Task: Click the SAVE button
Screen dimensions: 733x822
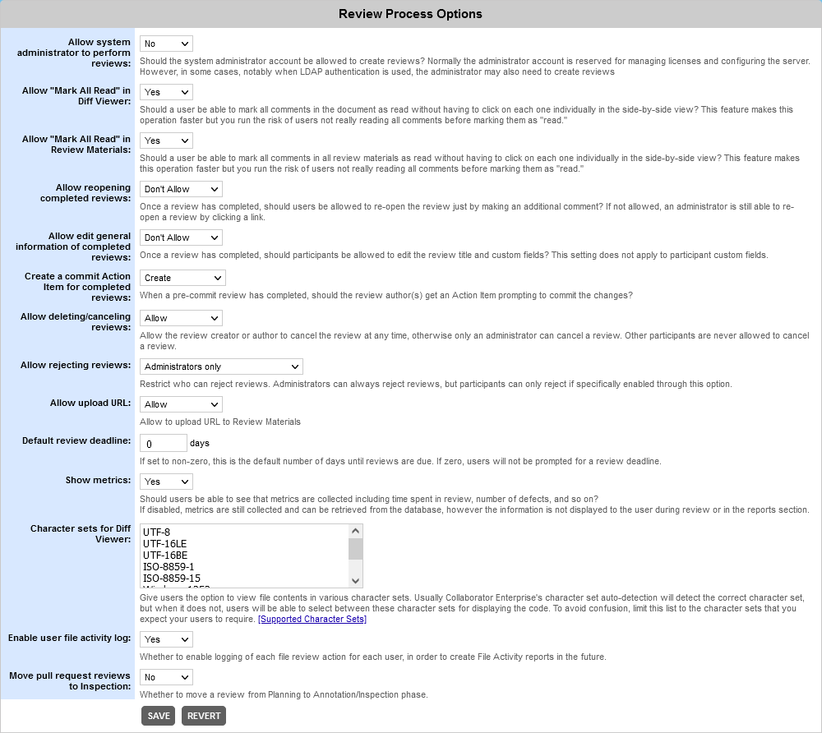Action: pos(159,716)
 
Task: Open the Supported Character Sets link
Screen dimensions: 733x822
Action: pos(312,619)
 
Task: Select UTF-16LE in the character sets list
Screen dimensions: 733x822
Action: pos(165,543)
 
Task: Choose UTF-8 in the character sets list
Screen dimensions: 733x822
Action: pos(156,532)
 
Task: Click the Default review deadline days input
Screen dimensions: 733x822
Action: pos(164,444)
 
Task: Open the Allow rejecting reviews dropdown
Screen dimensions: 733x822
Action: pos(221,366)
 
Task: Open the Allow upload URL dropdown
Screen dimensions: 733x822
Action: pos(181,404)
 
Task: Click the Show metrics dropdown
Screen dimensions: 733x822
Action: pos(166,482)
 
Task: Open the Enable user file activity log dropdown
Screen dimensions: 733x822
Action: pos(166,639)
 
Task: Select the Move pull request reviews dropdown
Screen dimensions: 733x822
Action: pos(166,677)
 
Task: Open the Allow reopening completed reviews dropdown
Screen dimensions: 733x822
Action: pos(181,189)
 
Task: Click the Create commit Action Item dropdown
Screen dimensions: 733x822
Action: pos(181,278)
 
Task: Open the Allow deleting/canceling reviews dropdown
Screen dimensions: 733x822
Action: pos(181,318)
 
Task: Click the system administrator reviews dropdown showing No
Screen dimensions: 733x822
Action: pos(166,44)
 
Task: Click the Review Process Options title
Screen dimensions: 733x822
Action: pos(410,14)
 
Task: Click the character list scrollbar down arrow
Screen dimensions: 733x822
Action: pos(355,581)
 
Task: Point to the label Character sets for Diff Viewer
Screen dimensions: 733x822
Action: pos(80,533)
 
